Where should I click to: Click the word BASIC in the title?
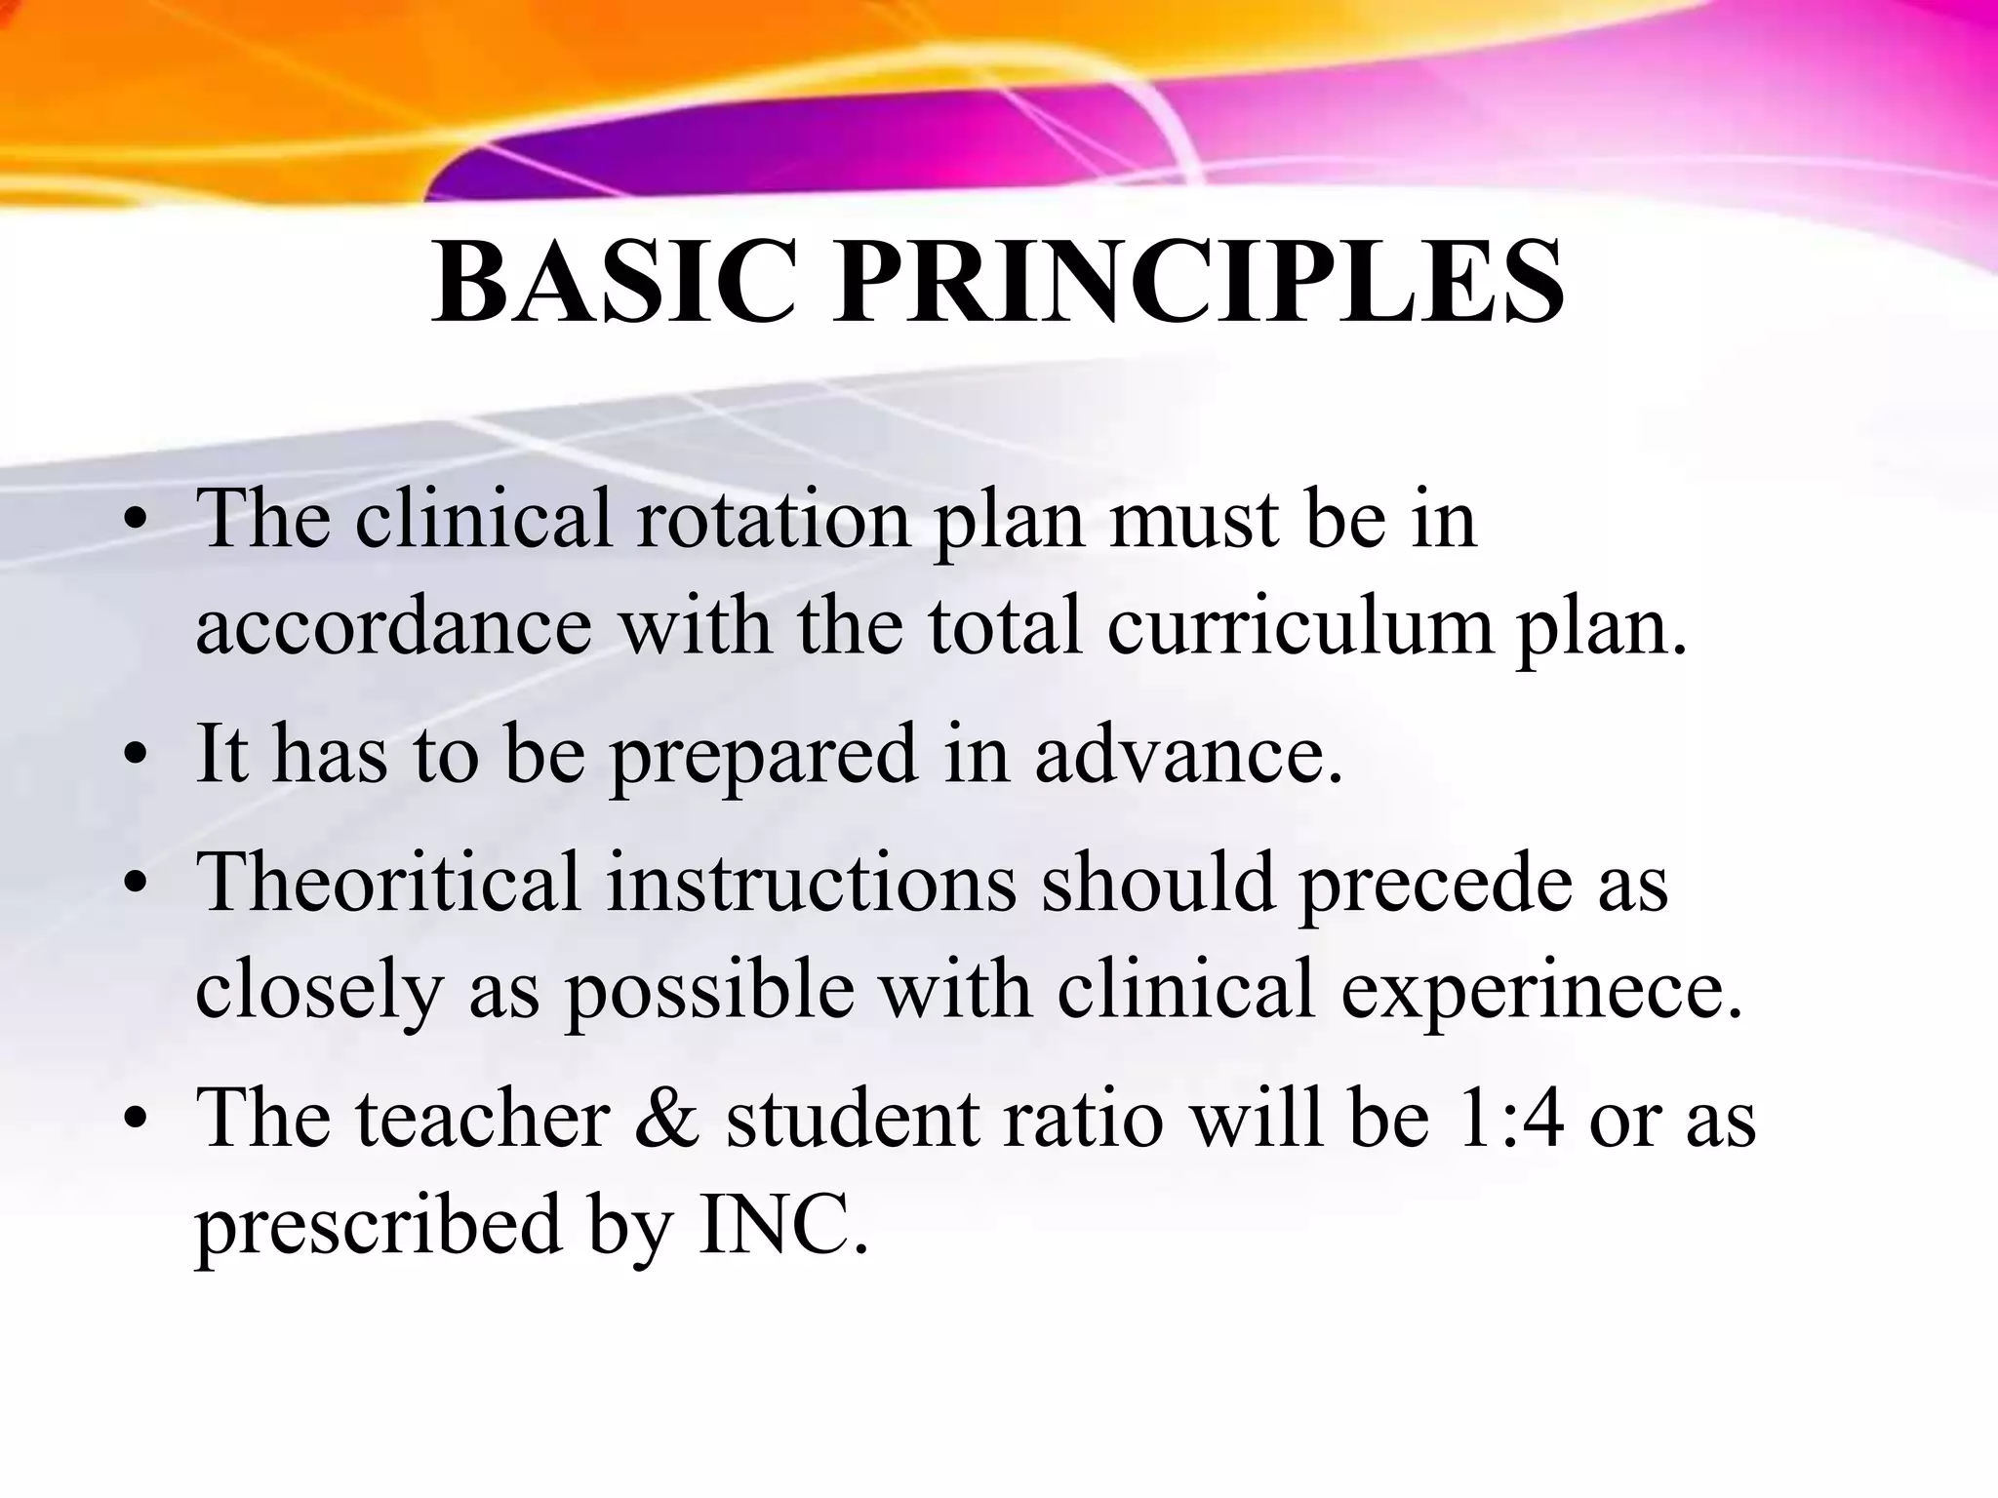click(x=614, y=283)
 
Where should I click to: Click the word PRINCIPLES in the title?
click(x=1199, y=283)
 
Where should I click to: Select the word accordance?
click(x=393, y=626)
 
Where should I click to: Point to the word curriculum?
click(x=1299, y=626)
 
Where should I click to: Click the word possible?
click(x=710, y=991)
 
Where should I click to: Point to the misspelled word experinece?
click(x=1541, y=991)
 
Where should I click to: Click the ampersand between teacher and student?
click(x=667, y=1119)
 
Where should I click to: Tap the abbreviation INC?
click(x=781, y=1226)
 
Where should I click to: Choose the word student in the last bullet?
click(x=853, y=1119)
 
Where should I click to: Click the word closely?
click(x=319, y=991)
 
